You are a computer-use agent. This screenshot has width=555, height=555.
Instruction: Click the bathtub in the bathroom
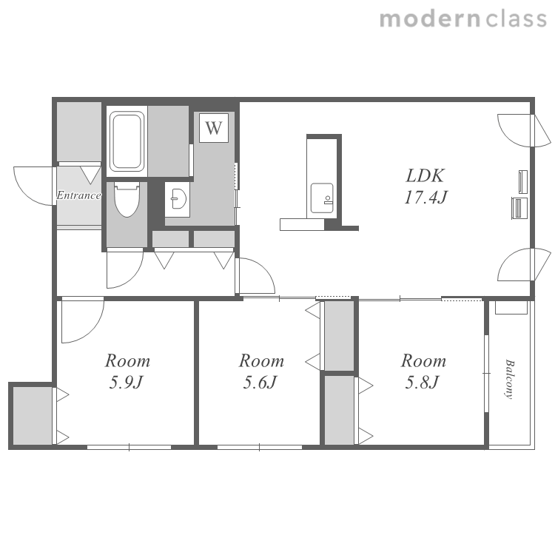(x=127, y=141)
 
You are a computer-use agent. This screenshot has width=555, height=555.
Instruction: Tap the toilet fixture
(x=127, y=199)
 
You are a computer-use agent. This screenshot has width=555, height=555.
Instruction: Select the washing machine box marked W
(x=213, y=128)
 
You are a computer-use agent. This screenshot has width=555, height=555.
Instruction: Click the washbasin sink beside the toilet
(x=178, y=200)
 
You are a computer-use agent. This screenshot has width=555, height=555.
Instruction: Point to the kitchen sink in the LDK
(x=322, y=198)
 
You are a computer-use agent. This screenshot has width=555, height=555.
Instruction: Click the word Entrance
(x=78, y=195)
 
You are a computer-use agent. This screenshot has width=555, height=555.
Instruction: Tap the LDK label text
(x=425, y=175)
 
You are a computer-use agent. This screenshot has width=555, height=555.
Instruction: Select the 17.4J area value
(x=425, y=197)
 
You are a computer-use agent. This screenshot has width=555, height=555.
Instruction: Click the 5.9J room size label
(x=126, y=383)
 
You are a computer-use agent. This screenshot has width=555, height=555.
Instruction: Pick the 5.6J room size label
(x=260, y=383)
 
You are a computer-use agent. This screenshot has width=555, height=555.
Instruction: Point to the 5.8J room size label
(x=423, y=383)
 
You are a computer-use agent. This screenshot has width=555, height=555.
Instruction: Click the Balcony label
(x=509, y=380)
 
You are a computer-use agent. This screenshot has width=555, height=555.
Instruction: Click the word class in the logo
(x=517, y=19)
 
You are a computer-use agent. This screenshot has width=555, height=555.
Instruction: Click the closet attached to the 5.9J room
(x=33, y=415)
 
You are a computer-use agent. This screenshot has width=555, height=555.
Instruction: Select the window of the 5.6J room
(x=260, y=448)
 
